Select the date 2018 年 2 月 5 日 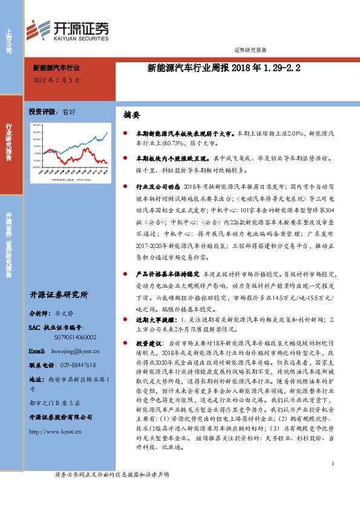pos(56,80)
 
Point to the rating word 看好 pos(70,112)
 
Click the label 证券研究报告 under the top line pos(249,50)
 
